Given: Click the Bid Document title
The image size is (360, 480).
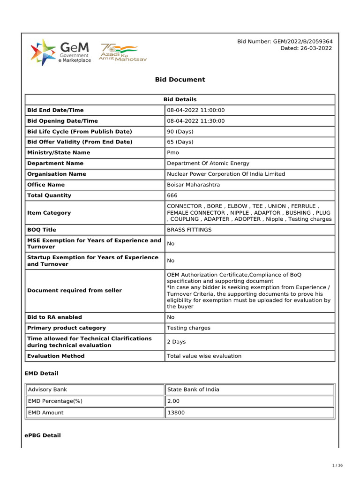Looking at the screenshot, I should (180, 80).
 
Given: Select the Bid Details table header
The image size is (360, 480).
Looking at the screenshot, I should (180, 99).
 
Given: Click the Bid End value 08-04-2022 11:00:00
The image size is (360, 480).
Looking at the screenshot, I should (196, 110).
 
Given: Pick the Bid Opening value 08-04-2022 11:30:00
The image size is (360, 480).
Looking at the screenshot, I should (196, 121).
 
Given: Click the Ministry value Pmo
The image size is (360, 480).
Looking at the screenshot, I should (173, 153).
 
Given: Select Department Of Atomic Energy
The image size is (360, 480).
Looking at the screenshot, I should (208, 164).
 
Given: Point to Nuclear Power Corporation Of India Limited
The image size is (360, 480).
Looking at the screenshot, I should (226, 174).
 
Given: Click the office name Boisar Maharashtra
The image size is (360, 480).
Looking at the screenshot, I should (194, 185).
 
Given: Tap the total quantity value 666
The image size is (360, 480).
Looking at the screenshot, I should (172, 195).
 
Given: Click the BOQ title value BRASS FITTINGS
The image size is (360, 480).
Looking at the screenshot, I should (189, 230).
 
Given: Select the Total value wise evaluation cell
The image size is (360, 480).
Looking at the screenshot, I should (204, 356).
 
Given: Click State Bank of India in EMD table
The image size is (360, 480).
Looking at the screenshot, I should (193, 390).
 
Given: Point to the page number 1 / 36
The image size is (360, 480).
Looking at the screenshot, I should (337, 465).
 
